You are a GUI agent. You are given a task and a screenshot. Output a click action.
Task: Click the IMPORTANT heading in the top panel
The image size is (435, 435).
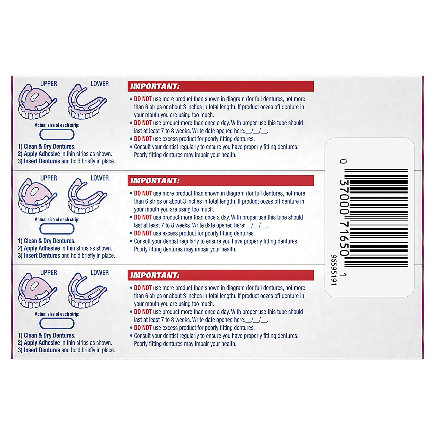point(155,86)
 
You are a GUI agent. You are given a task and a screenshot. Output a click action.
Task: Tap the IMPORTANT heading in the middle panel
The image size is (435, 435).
point(155,181)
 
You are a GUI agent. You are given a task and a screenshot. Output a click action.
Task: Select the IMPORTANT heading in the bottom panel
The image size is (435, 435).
point(155,275)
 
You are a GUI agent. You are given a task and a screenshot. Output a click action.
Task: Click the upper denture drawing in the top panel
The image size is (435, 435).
point(37,102)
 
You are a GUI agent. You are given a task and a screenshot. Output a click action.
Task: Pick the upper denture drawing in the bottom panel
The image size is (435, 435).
point(37,291)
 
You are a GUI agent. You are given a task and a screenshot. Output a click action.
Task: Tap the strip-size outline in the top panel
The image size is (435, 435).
point(57,135)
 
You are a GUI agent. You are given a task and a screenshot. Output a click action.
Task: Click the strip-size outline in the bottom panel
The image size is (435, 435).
point(57,323)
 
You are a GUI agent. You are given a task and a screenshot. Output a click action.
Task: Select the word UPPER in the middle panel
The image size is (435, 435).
point(48,178)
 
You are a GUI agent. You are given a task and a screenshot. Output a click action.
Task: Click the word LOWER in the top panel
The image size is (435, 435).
point(99,84)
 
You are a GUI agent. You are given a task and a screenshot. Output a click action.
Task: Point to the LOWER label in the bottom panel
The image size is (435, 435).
point(99,273)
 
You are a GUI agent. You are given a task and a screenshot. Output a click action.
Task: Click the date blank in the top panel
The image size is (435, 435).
point(256,131)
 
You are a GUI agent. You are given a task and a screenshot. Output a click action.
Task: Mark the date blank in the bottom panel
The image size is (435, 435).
point(256,320)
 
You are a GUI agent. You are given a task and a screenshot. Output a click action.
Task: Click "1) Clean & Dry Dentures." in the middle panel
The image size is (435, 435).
point(46,241)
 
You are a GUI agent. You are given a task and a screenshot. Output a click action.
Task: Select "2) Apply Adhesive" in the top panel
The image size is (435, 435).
point(39,154)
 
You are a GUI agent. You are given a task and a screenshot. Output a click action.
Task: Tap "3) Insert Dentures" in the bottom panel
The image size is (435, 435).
point(39,350)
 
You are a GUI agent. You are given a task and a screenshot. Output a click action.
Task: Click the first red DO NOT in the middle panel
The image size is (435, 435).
point(143,193)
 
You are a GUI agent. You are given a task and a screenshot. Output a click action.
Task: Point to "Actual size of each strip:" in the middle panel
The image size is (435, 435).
point(57,220)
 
